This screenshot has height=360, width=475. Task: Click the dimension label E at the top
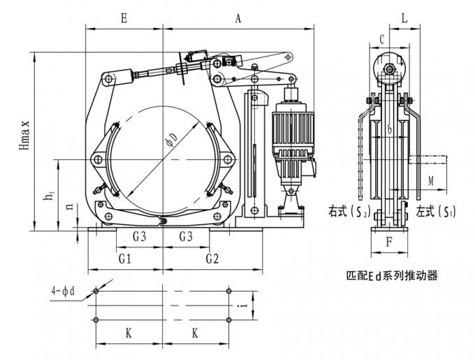click(x=124, y=20)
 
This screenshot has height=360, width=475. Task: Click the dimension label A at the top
click(x=237, y=20)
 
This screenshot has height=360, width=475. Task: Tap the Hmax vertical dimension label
click(x=26, y=140)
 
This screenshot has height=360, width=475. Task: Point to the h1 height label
click(x=50, y=198)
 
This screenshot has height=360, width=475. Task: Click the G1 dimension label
click(x=124, y=258)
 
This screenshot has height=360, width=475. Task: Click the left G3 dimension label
click(x=139, y=236)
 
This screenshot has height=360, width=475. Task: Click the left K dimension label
click(x=129, y=333)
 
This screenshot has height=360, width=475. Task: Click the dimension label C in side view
click(x=382, y=39)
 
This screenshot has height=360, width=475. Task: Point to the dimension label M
click(x=431, y=182)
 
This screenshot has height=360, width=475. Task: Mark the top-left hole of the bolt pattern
click(x=96, y=290)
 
